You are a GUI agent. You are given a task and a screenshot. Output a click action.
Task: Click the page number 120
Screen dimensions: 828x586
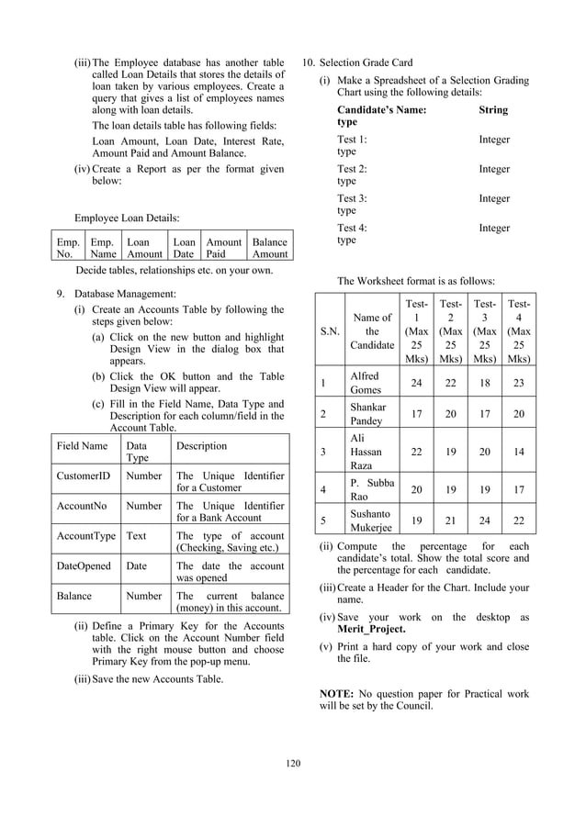293,763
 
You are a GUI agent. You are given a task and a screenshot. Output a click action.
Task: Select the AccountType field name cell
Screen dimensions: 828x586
85,535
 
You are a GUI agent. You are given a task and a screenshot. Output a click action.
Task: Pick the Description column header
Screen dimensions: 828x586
202,446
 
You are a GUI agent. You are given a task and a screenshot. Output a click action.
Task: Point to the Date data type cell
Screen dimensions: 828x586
137,565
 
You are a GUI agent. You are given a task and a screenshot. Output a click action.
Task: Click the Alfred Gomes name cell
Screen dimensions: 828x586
371,383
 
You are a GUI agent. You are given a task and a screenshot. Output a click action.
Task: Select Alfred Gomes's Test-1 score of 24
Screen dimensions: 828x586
416,383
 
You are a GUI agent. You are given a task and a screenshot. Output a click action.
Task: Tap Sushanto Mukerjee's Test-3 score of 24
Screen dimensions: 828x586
485,520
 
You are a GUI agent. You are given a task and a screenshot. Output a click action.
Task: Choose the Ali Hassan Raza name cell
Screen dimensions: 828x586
371,452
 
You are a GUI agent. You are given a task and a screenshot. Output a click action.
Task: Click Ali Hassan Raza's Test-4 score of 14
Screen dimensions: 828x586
519,452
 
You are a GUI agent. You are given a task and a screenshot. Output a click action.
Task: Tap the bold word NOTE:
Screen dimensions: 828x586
338,694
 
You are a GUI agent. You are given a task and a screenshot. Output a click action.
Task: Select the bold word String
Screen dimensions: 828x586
493,109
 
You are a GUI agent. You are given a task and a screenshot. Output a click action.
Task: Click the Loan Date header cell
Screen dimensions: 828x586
185,248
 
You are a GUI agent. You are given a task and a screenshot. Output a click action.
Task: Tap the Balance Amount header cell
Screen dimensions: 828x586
269,248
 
